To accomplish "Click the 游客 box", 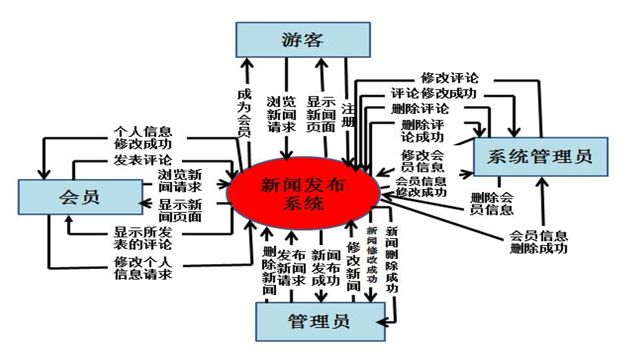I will click(x=303, y=39).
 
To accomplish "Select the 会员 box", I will click(x=80, y=197).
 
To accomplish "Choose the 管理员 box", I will click(x=320, y=321).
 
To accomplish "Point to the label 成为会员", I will click(x=243, y=113).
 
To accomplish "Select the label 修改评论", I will click(x=450, y=78).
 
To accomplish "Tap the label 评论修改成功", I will click(x=433, y=94).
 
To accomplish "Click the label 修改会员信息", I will click(x=422, y=161).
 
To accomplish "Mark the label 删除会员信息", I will click(x=492, y=204).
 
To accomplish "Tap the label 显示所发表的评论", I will click(x=143, y=238).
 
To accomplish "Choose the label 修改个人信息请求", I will click(x=143, y=268).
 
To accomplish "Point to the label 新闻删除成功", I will click(x=392, y=259).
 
